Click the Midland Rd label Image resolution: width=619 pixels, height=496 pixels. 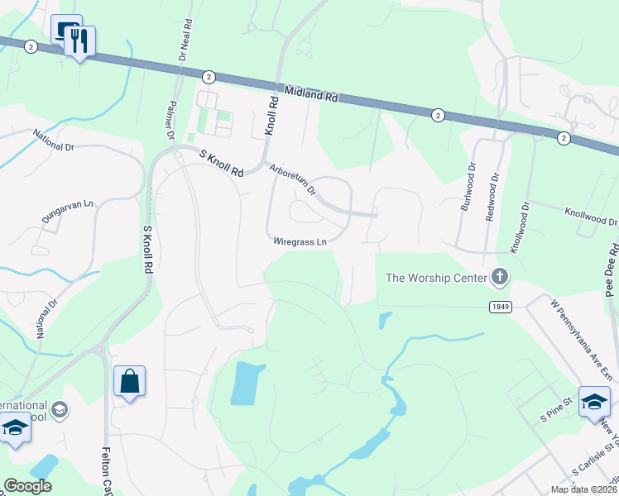click(310, 93)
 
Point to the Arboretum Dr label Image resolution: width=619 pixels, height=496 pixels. click(293, 178)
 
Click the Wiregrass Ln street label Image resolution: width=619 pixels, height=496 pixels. click(300, 241)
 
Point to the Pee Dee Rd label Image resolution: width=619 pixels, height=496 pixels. click(613, 268)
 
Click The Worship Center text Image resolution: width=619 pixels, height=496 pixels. click(435, 277)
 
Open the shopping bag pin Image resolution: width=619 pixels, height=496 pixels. click(129, 382)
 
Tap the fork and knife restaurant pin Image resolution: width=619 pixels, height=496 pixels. click(79, 41)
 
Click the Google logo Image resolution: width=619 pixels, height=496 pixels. click(27, 486)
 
